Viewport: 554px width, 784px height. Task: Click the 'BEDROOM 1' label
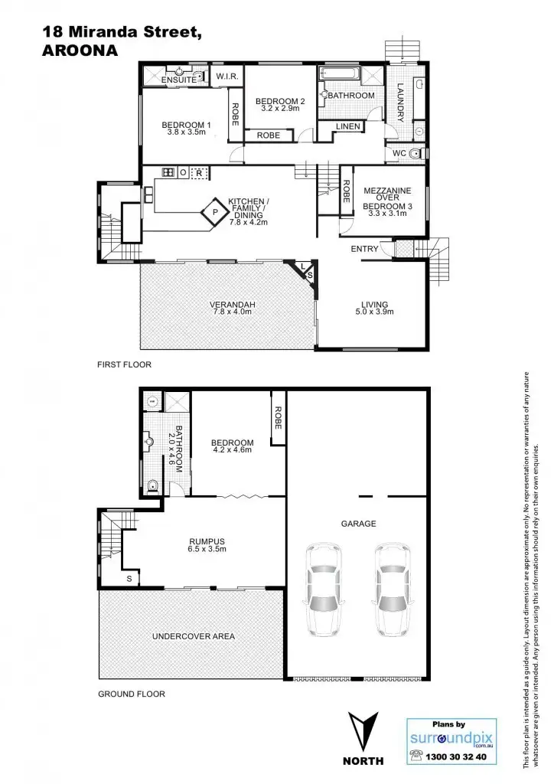tap(186, 125)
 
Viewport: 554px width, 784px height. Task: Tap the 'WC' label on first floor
tap(398, 153)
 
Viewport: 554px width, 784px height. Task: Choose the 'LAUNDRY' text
tap(399, 103)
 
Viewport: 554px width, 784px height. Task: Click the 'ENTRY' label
tap(364, 250)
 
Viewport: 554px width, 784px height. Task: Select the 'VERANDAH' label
tap(232, 305)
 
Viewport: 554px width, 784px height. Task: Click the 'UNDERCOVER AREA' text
tap(193, 636)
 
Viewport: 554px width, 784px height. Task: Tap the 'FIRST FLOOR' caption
tap(124, 365)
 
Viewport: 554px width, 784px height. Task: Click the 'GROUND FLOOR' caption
tap(131, 694)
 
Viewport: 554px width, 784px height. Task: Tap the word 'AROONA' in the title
tap(80, 51)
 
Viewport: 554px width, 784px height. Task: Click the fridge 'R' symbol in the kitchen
tap(200, 173)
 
